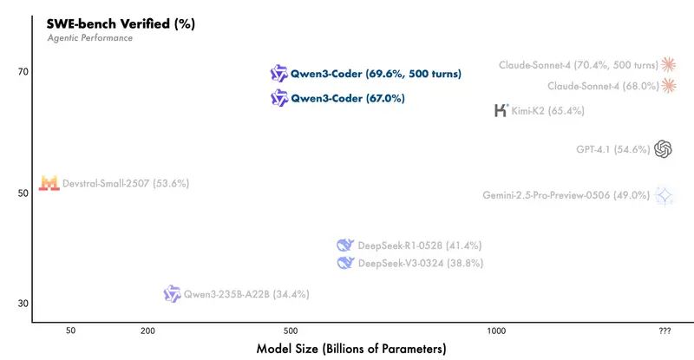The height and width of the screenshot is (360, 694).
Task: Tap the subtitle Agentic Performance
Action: coord(89,38)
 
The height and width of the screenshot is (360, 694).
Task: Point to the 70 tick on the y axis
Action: coord(23,71)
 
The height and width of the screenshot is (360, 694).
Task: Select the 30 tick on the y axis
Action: coord(23,303)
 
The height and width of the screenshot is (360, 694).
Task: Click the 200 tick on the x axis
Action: coord(147,331)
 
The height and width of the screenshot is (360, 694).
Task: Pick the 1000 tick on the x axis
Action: coord(496,331)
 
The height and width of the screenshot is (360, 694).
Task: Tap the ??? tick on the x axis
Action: coord(665,331)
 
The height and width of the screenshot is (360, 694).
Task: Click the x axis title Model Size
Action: coord(351,349)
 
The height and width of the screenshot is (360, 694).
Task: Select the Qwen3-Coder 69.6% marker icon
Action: coord(278,74)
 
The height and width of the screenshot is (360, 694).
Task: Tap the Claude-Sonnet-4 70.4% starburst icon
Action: coord(668,64)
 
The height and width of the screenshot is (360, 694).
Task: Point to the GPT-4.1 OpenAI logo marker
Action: coord(664,149)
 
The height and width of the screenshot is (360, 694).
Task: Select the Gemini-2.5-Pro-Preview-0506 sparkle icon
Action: coord(665,196)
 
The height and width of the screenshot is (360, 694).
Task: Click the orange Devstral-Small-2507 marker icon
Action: coord(49,184)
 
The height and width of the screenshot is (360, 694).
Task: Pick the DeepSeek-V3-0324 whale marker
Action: coord(345,263)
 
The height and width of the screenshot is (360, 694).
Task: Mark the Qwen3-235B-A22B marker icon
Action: coord(172,294)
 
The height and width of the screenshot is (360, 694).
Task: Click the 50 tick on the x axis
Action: coord(70,331)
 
